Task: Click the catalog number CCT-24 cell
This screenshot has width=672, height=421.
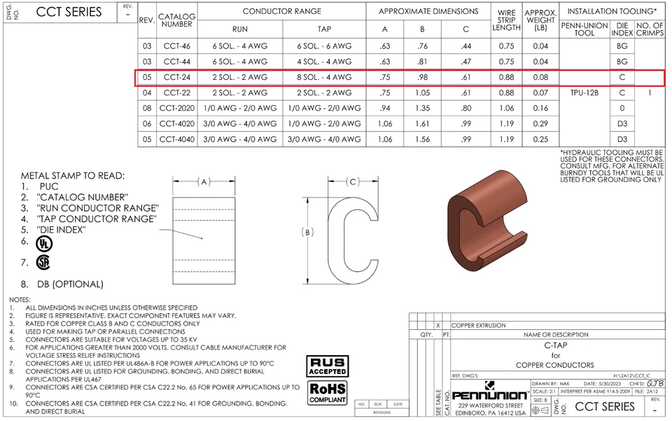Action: tap(176, 77)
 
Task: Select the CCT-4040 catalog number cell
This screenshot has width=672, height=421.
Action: tap(176, 139)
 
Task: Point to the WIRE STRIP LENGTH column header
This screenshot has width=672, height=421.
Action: tap(506, 20)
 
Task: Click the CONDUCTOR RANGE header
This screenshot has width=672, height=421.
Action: tap(282, 11)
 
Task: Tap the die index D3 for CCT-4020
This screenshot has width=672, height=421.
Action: tap(622, 123)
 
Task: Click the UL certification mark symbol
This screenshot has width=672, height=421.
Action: tap(43, 243)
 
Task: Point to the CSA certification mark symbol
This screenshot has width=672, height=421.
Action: tap(43, 263)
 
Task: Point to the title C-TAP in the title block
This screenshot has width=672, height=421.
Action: tap(556, 345)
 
